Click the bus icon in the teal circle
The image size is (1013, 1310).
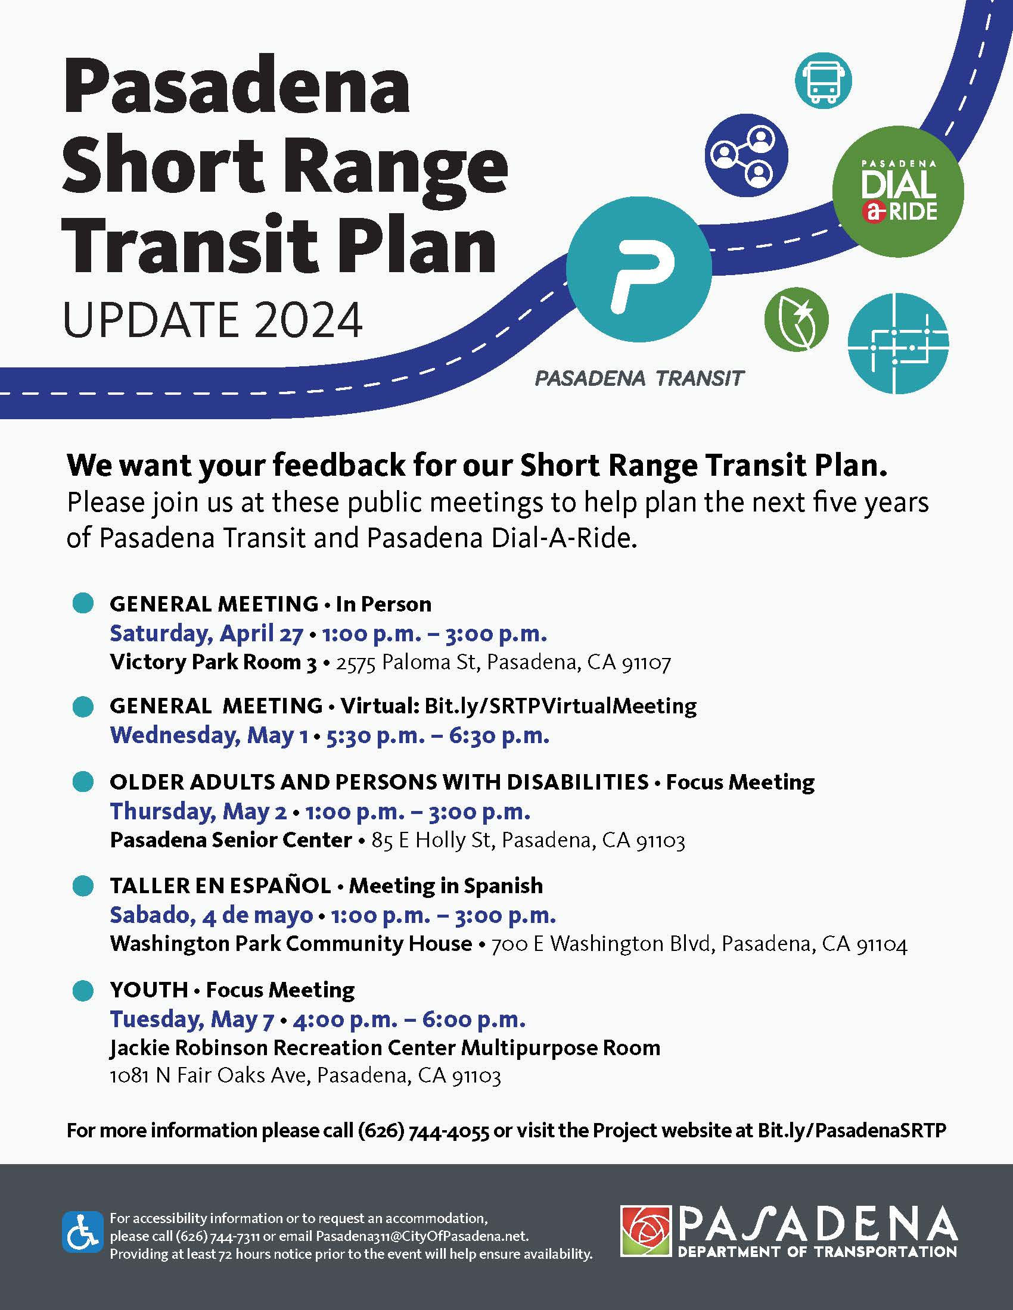(824, 80)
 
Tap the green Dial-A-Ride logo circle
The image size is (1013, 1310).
(898, 191)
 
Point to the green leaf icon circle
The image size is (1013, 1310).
(796, 320)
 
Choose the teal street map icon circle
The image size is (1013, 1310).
(898, 344)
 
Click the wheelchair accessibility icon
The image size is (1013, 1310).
(82, 1232)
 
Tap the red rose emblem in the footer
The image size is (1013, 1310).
(646, 1231)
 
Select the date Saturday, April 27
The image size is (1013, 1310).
(206, 634)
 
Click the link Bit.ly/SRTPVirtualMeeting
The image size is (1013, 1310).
(561, 706)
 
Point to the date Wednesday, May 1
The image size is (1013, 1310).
(209, 735)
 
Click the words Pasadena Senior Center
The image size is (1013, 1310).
(231, 840)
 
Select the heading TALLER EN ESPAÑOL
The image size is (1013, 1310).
(220, 885)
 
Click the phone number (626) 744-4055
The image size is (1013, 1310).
(423, 1131)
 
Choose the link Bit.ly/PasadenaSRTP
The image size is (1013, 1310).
(852, 1131)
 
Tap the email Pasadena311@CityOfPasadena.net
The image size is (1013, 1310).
(421, 1236)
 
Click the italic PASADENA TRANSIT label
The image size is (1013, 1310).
(639, 379)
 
